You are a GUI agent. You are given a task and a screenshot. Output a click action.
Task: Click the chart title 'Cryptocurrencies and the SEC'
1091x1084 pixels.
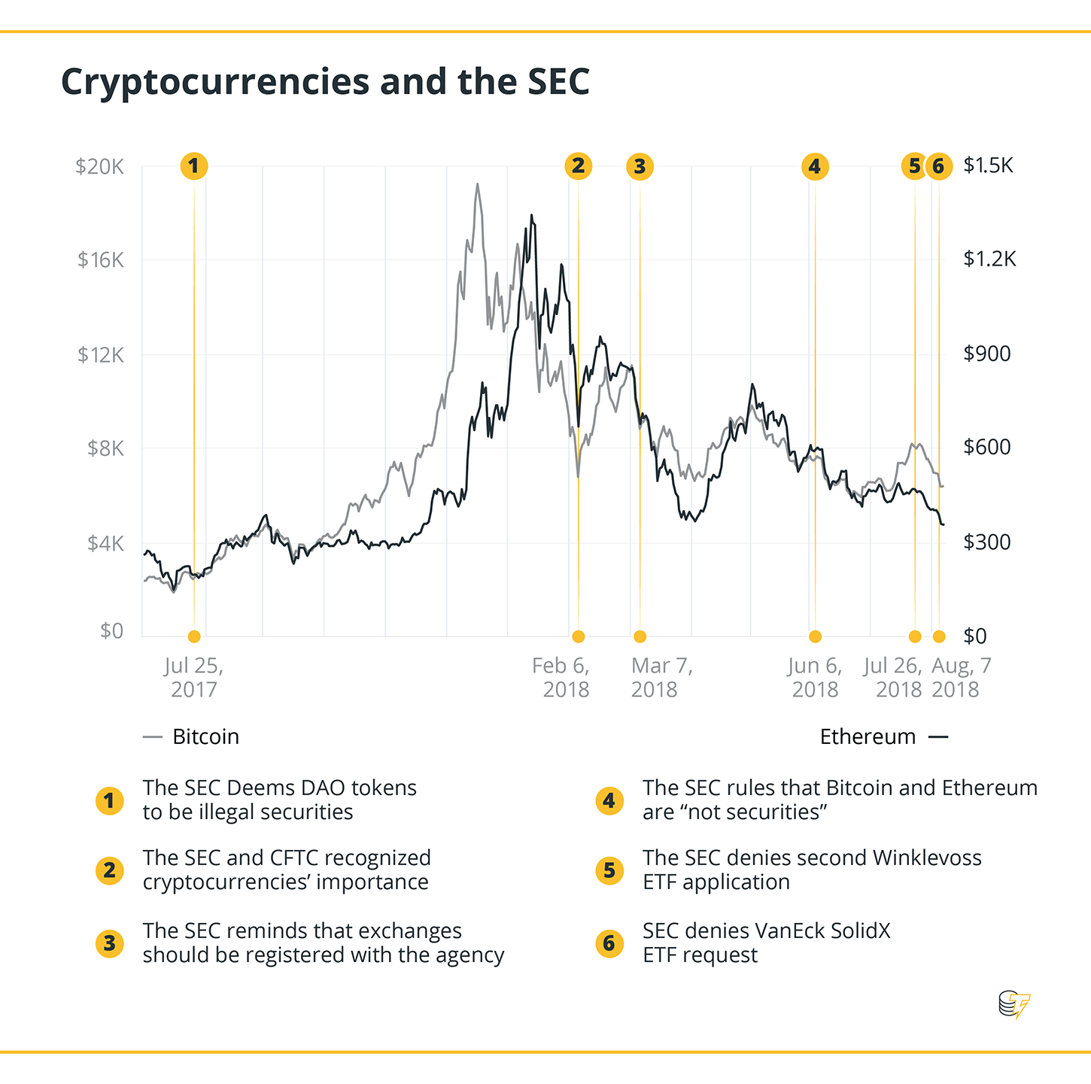[x=325, y=81]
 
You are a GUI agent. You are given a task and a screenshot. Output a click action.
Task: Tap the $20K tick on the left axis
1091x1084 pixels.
[x=99, y=166]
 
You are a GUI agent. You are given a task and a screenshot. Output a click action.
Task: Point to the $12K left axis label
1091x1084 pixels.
[x=100, y=354]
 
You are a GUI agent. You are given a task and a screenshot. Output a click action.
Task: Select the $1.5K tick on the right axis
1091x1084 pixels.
[x=988, y=165]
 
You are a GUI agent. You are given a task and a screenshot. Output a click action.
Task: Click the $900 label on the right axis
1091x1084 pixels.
[x=986, y=354]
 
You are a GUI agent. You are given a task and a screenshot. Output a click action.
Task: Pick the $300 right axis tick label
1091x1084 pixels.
[x=986, y=542]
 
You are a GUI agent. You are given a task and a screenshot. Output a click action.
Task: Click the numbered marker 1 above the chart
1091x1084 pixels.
[x=194, y=166]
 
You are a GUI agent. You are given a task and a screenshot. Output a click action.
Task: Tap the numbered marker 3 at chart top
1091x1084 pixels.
[x=640, y=166]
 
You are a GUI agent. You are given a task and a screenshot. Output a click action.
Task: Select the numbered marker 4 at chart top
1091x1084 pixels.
[x=815, y=166]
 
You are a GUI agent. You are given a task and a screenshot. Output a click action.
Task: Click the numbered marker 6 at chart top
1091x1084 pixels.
[x=938, y=166]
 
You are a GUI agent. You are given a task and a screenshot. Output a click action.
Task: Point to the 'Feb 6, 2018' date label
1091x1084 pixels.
[x=562, y=677]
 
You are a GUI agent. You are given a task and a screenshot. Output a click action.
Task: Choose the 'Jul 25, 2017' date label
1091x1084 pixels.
[x=193, y=677]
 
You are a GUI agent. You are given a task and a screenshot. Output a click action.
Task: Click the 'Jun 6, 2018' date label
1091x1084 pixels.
[x=815, y=677]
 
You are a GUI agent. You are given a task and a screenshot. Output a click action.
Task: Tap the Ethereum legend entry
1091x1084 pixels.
[x=883, y=736]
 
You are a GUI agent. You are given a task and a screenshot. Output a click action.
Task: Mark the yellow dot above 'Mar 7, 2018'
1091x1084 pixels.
[x=640, y=636]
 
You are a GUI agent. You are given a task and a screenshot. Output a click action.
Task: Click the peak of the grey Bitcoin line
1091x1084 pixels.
[x=477, y=184]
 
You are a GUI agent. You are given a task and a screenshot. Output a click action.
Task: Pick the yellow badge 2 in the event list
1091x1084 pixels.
[x=110, y=870]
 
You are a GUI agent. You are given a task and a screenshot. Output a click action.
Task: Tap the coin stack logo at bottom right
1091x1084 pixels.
[x=1014, y=1004]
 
